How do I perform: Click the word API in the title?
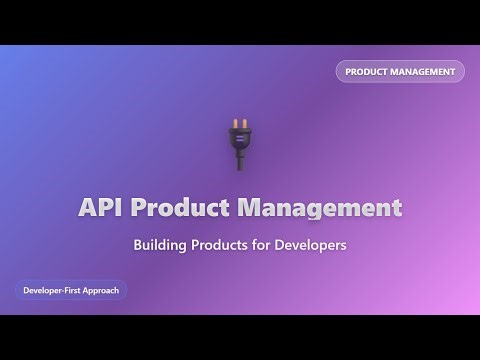coord(101,209)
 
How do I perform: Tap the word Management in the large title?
coord(319,209)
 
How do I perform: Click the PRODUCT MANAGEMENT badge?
coord(400,72)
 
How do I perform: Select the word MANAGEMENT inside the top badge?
coord(424,72)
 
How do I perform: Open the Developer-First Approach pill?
coord(70,290)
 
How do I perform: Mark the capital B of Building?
coord(138,244)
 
